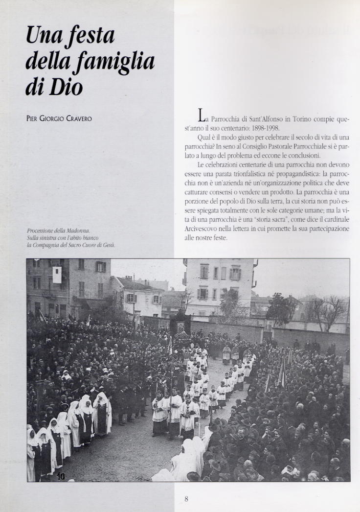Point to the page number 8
pyautogui.click(x=186, y=499)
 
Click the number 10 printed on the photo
pyautogui.click(x=61, y=475)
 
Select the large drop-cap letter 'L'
pyautogui.click(x=202, y=116)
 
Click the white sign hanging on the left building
pyautogui.click(x=57, y=275)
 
